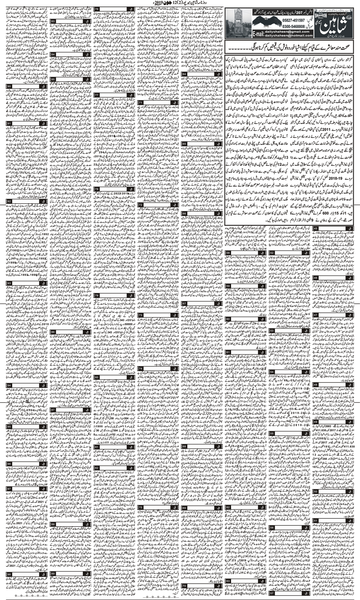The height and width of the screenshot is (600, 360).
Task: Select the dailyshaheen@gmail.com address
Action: tap(289, 32)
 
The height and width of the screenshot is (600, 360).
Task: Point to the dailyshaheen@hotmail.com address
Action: tap(289, 36)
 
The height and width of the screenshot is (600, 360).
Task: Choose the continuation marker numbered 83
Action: tap(54, 21)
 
